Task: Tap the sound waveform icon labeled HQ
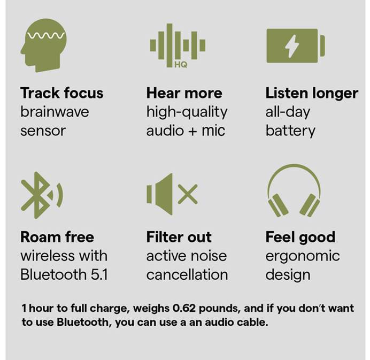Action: pyautogui.click(x=177, y=45)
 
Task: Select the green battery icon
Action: pyautogui.click(x=295, y=45)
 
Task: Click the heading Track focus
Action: pyautogui.click(x=61, y=93)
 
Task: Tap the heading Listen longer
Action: pyautogui.click(x=312, y=93)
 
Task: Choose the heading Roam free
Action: pyautogui.click(x=57, y=237)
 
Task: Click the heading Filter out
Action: pyautogui.click(x=179, y=237)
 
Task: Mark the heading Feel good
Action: pyautogui.click(x=300, y=237)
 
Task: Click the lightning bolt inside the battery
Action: pyautogui.click(x=292, y=45)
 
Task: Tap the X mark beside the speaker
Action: pyautogui.click(x=188, y=195)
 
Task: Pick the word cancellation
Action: pyautogui.click(x=187, y=275)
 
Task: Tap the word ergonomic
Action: pyautogui.click(x=303, y=256)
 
